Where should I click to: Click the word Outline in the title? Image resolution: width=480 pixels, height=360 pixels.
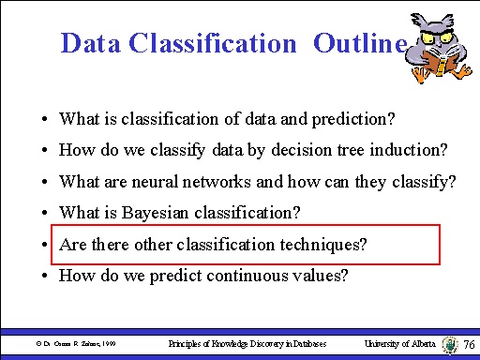[360, 43]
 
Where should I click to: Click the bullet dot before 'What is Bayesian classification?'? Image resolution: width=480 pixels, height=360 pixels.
[45, 214]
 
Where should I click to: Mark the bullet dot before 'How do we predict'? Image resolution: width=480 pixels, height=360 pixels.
[45, 277]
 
